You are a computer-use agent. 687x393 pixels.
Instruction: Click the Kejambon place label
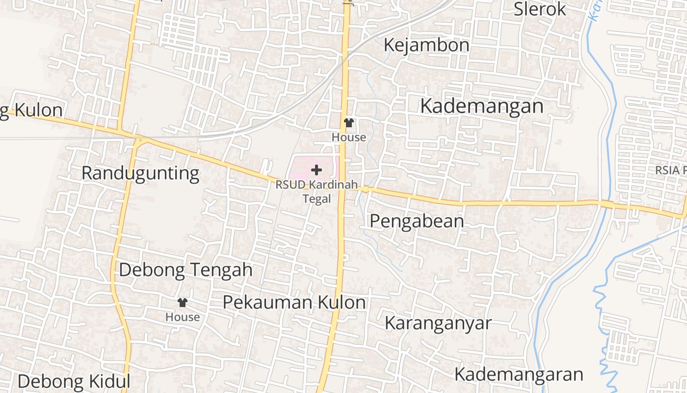(426, 45)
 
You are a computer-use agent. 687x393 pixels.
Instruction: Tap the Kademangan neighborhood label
(481, 106)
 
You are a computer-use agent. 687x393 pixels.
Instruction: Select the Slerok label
(540, 9)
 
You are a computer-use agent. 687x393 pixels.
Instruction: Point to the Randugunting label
(140, 173)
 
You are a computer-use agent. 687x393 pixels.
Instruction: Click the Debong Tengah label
(185, 270)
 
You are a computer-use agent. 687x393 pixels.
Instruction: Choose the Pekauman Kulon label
(294, 302)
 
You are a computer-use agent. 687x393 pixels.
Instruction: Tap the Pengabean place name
(417, 221)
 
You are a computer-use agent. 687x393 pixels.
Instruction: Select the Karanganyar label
(438, 323)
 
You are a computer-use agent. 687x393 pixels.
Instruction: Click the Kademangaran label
(518, 374)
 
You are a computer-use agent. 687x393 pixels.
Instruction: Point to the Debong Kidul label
(74, 381)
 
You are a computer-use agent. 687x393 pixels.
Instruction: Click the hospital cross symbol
(317, 170)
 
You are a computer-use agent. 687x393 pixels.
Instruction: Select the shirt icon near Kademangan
(349, 123)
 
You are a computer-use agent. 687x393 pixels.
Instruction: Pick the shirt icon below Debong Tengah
(183, 303)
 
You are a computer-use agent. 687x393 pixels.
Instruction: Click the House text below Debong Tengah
(183, 317)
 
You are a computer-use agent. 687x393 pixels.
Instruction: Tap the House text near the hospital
(349, 138)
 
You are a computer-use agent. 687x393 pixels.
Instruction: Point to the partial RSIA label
(671, 170)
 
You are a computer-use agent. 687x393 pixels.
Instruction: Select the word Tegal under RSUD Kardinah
(317, 199)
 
